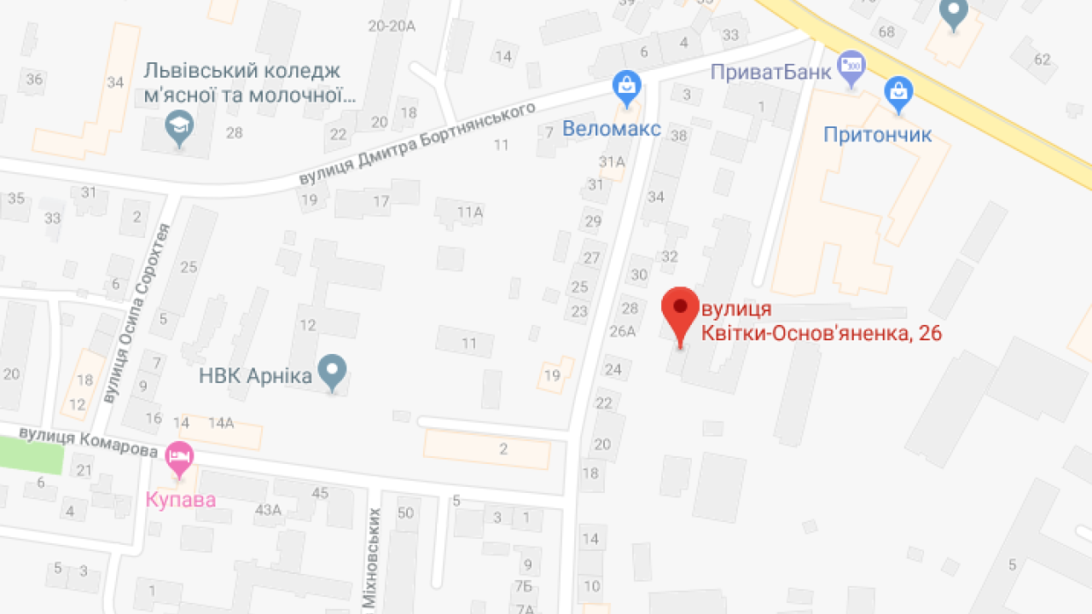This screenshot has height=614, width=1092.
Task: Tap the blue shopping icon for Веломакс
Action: click(626, 86)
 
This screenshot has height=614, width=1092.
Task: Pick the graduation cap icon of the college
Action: click(179, 128)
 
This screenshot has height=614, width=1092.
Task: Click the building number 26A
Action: click(623, 331)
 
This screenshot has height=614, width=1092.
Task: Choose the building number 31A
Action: click(612, 161)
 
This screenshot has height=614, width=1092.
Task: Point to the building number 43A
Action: click(268, 510)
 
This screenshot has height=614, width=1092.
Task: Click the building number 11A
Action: click(469, 211)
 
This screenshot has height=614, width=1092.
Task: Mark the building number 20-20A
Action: click(392, 26)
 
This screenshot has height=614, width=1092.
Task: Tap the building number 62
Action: click(1043, 59)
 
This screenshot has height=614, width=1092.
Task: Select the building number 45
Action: click(320, 493)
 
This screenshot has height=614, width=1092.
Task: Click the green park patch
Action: click(32, 455)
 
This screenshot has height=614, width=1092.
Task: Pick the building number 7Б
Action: click(524, 586)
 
